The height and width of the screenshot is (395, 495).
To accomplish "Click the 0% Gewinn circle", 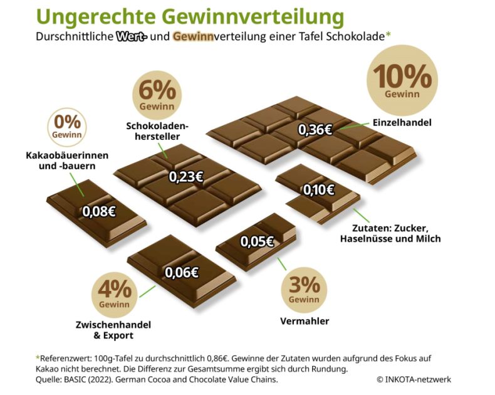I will [x=67, y=125].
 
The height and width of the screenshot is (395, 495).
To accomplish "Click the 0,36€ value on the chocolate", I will [x=315, y=130].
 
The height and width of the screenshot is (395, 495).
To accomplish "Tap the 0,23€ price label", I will [x=185, y=177].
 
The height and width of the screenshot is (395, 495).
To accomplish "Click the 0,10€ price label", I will [x=318, y=189].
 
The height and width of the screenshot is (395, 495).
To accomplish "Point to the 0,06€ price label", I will [x=182, y=271].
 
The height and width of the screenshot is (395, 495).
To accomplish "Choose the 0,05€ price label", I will [x=258, y=241].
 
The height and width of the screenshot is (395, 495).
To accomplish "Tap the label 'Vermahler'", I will [x=304, y=322].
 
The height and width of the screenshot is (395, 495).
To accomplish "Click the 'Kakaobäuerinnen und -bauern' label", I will [x=68, y=161].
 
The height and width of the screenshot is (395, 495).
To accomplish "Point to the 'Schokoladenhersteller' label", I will [x=157, y=131].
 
